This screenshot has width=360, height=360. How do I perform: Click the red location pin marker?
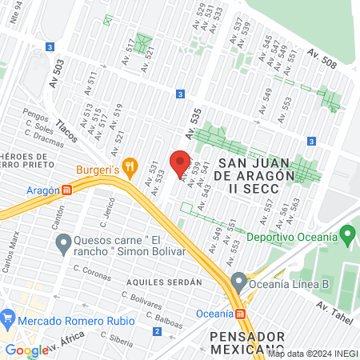click(180, 161)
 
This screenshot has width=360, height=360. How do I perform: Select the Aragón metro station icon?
click(67, 190)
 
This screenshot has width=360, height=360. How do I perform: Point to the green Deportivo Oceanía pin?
click(346, 236)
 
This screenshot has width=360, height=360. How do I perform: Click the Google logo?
click(26, 350)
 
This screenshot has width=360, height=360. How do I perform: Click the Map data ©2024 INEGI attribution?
click(312, 354)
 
